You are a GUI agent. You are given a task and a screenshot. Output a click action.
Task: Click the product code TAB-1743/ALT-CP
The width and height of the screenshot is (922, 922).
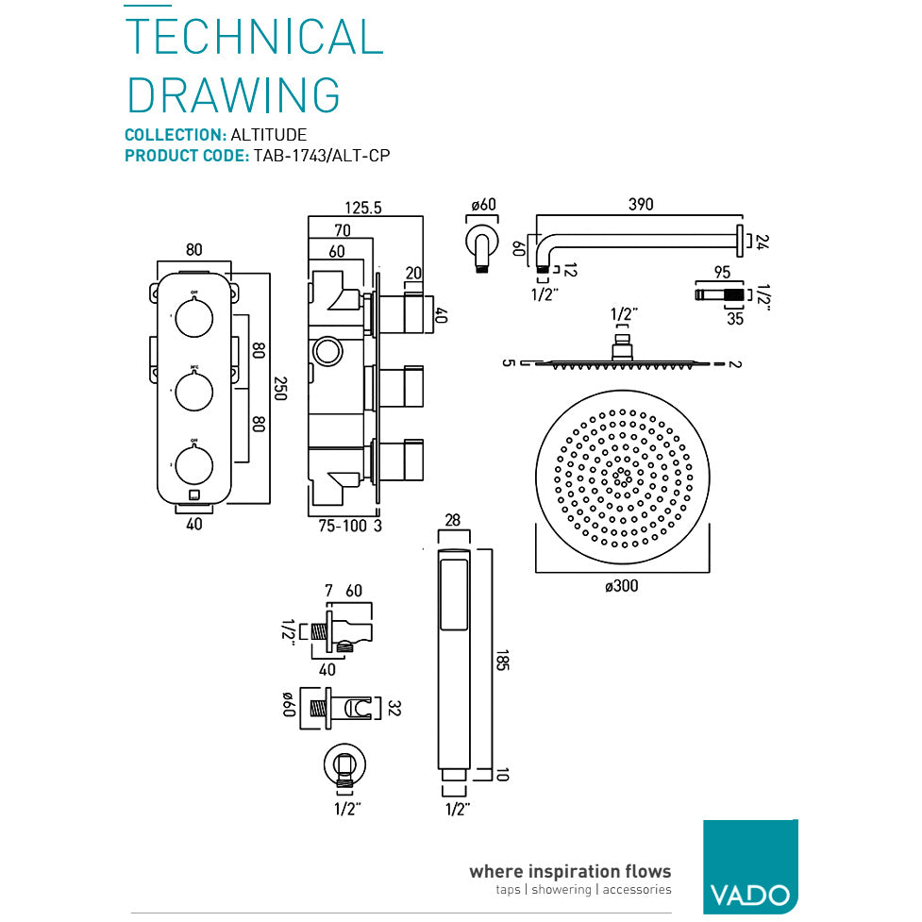(321, 156)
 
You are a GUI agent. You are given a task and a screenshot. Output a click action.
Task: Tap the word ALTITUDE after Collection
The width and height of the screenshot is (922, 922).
(269, 135)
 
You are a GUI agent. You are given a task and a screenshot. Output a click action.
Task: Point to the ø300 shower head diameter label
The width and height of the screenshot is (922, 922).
(621, 586)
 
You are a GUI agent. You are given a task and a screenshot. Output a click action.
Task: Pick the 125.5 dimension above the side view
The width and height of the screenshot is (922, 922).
(363, 208)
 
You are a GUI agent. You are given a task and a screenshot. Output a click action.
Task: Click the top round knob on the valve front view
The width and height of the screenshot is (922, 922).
(194, 317)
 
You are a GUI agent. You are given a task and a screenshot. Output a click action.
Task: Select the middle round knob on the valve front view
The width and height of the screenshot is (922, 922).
(194, 389)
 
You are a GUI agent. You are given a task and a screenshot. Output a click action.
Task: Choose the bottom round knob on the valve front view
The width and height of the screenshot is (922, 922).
(194, 462)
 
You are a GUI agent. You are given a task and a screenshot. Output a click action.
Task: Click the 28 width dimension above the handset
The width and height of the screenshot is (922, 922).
(454, 520)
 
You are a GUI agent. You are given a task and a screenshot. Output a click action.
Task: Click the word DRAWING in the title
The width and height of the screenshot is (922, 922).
(233, 95)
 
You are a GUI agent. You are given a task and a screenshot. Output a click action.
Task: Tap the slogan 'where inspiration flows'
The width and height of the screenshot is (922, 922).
(570, 871)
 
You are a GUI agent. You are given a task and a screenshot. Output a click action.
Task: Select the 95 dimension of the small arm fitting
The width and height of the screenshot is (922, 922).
(722, 273)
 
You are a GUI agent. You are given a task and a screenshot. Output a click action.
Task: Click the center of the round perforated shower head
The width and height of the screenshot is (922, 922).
(621, 478)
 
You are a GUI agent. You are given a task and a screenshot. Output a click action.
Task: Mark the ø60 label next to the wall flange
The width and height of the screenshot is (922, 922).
(482, 205)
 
